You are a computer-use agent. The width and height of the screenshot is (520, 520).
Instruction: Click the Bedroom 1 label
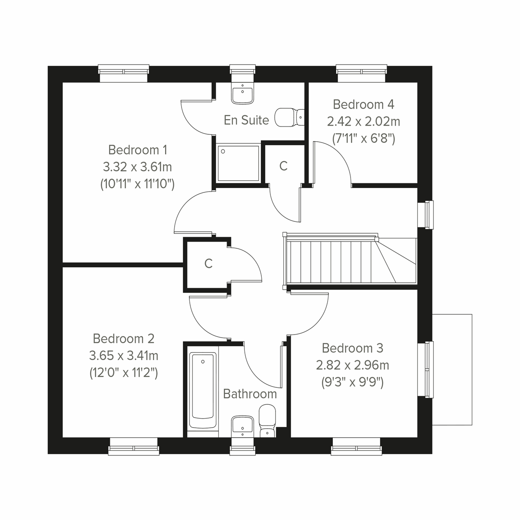pos(137,150)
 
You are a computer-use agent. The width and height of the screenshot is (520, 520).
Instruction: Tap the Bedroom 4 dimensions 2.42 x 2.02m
pos(363,121)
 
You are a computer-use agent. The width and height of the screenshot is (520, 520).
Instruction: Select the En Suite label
pos(246,120)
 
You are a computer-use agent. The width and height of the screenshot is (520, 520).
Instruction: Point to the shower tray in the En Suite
pos(238,163)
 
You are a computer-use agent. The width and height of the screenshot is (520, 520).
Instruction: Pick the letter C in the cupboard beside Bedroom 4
pos(283,166)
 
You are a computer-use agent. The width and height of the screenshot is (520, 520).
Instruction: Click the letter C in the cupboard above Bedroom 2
pos(208,263)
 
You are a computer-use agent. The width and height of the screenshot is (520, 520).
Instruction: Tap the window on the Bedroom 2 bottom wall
pos(133,446)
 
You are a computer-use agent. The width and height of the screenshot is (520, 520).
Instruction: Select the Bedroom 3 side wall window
pos(429,369)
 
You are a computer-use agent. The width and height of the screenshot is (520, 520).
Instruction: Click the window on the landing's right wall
pos(429,214)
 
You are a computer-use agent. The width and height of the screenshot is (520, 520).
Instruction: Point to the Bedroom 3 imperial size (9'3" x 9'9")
pos(352,383)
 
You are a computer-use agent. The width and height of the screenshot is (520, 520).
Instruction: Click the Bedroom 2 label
pos(123,338)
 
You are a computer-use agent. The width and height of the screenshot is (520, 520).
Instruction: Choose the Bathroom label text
pos(250,394)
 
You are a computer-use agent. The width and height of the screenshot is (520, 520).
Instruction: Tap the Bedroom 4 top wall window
pos(361,73)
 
